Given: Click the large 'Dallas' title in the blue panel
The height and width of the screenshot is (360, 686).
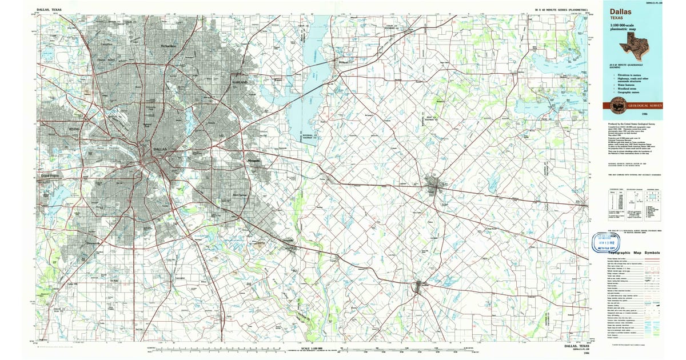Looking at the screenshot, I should [622, 11].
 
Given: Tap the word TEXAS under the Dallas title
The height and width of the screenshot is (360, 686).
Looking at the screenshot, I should [618, 18].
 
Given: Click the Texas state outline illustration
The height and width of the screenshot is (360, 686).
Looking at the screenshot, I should [639, 42].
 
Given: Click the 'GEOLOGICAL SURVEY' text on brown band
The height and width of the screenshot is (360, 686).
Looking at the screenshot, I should [648, 105].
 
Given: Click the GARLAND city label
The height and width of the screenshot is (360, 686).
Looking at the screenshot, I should [241, 82].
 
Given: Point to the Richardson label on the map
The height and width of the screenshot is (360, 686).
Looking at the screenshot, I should [169, 45].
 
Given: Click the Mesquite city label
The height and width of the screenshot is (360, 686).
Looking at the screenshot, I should [254, 161].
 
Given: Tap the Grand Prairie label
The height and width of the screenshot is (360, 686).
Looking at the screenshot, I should [50, 175].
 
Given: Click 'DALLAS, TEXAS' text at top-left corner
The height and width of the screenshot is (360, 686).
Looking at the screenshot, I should [49, 10].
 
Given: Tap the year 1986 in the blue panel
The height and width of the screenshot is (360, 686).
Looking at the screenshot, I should [645, 114].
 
